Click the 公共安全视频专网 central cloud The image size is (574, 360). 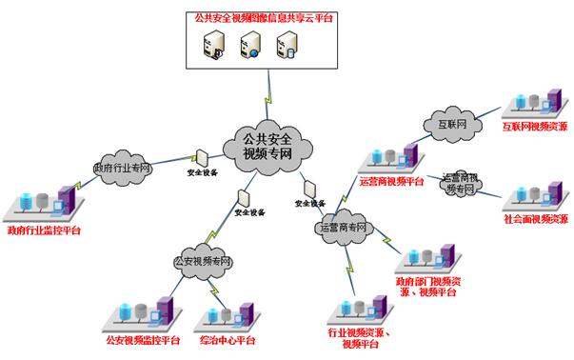pos(266,146)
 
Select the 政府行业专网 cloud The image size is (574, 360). pos(122,168)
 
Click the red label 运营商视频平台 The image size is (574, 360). pos(390,179)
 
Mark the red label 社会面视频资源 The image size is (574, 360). pos(536,219)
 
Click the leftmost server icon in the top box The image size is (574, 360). pos(214,45)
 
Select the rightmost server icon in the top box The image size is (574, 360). pos(287,45)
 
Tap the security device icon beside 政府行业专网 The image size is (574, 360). pos(203,157)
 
